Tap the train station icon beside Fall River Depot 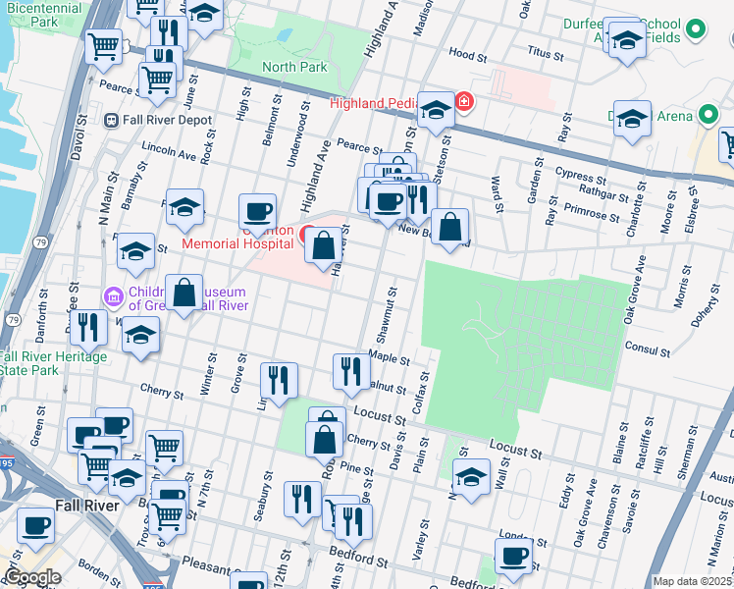112,121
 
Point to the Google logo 32,577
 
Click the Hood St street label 467,53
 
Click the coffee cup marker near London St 512,556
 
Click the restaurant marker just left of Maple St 346,371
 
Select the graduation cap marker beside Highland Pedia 435,109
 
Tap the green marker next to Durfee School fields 696,29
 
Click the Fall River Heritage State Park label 53,363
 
